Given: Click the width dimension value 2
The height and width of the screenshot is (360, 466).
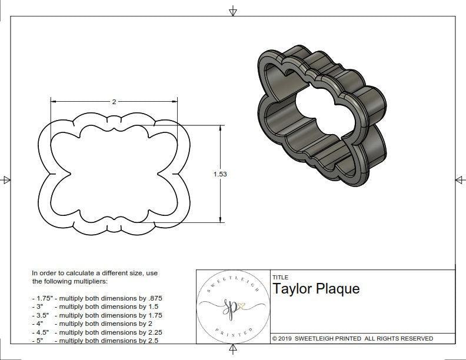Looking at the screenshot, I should click(114, 101).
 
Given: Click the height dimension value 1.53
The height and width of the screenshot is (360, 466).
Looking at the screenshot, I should click(221, 174).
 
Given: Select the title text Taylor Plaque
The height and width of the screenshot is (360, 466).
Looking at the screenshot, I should click(315, 289).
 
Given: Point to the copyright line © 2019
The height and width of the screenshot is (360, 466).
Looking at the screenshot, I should click(352, 338).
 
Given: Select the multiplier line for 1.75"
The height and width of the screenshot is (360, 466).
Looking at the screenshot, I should click(97, 298).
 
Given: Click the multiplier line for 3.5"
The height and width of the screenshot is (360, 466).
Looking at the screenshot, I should click(97, 315).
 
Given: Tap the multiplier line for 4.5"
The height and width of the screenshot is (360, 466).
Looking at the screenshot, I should click(97, 332).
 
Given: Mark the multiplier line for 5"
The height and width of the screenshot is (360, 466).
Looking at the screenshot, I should click(94, 340).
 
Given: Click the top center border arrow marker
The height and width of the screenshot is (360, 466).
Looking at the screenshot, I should click(233, 11).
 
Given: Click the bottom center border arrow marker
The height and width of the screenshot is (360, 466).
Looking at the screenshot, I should click(233, 349).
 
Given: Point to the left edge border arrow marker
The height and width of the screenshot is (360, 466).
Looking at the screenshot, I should click(6, 180).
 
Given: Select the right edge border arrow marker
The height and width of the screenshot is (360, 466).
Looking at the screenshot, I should click(460, 180).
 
